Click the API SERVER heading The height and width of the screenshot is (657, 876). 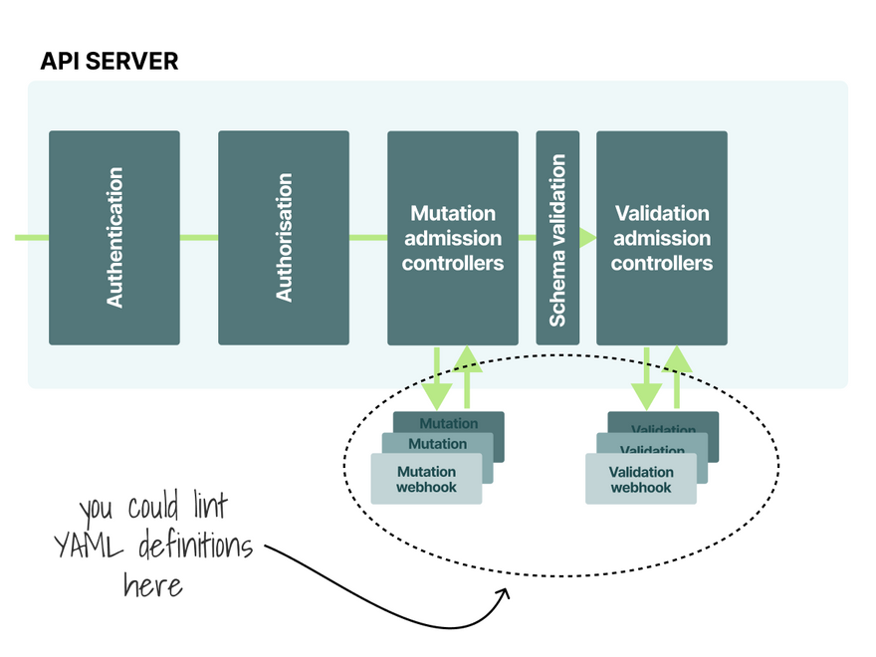[x=109, y=61]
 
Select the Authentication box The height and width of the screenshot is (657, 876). [x=114, y=238]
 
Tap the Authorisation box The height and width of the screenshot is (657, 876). [x=284, y=238]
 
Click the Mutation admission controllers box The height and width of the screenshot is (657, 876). [x=452, y=238]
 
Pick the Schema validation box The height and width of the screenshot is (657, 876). [x=557, y=238]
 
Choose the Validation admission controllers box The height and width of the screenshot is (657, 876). [x=661, y=238]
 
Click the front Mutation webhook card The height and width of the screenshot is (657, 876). [x=426, y=479]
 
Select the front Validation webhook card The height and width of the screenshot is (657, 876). [x=640, y=479]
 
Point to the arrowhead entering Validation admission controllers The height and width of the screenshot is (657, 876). [x=588, y=238]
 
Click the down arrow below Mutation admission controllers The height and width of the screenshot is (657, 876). [x=437, y=379]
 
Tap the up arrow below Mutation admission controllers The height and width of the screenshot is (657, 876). [x=466, y=374]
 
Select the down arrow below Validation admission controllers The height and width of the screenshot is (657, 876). [x=647, y=379]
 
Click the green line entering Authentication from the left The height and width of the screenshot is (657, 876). [x=32, y=238]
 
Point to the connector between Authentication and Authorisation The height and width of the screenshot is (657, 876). [x=199, y=238]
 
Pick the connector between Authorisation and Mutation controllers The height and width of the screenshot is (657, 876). [x=368, y=238]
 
